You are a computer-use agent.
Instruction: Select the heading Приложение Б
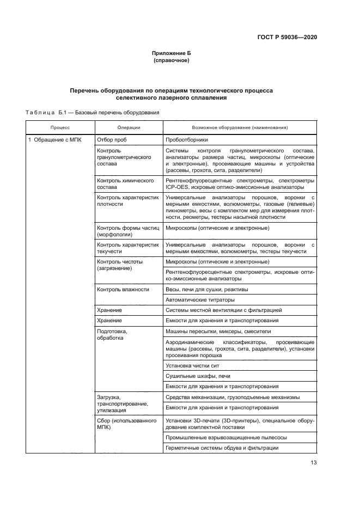point(172,53)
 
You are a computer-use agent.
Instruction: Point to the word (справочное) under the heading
point(172,60)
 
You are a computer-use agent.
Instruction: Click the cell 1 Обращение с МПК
point(55,140)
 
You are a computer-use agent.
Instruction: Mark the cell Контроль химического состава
point(125,183)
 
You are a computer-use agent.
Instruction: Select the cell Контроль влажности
point(123,289)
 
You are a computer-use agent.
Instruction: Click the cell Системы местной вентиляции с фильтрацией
point(223,310)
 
